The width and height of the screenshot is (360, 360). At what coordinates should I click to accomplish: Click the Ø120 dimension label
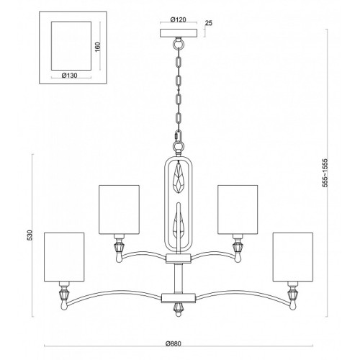[x=179, y=20]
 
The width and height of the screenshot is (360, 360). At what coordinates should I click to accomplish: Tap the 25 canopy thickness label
[x=209, y=23]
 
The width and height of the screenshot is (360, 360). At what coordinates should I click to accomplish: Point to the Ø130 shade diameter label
[x=70, y=76]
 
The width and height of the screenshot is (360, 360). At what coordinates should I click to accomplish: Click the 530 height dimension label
[x=30, y=235]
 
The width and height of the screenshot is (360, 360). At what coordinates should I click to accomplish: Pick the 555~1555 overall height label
[x=325, y=173]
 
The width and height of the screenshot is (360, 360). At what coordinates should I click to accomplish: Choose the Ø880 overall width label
[x=174, y=344]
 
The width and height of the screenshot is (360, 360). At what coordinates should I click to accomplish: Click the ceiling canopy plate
[x=179, y=33]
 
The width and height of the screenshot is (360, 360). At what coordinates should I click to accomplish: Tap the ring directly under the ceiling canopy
[x=179, y=44]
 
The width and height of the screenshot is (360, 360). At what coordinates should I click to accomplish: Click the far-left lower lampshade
[x=64, y=257]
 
